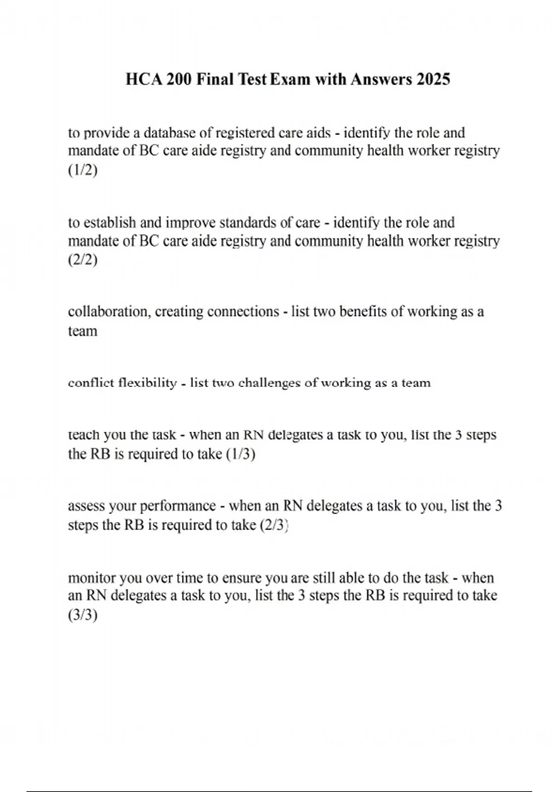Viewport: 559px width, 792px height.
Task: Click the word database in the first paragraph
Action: tap(170, 133)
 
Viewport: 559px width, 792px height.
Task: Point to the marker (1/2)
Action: tap(83, 170)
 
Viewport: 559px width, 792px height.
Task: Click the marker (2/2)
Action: tap(83, 259)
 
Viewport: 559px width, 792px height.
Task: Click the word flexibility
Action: tap(147, 383)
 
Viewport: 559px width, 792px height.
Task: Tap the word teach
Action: tap(84, 435)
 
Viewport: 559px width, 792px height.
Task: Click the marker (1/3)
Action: tap(240, 454)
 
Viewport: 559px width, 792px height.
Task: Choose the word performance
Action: tap(177, 506)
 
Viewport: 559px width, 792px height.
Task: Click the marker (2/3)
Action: tap(275, 525)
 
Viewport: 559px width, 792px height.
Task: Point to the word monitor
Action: tap(92, 578)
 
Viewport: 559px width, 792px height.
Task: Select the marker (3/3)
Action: tap(83, 615)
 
